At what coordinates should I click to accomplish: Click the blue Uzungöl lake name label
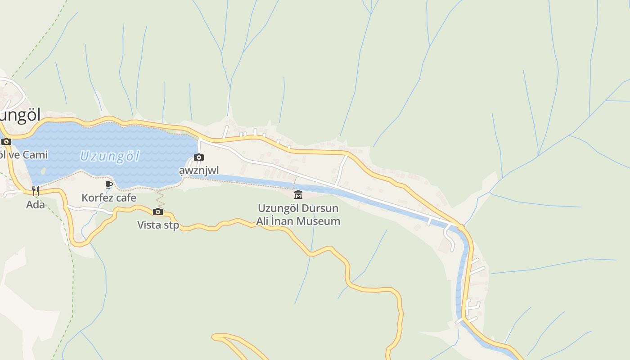pyautogui.click(x=110, y=157)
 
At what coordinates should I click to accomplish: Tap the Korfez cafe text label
pyautogui.click(x=109, y=198)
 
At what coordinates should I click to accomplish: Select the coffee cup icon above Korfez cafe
pyautogui.click(x=109, y=184)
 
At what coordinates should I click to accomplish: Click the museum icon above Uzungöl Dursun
pyautogui.click(x=298, y=195)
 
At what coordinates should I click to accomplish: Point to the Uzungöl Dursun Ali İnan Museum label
pyautogui.click(x=298, y=215)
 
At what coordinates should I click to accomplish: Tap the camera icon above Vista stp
pyautogui.click(x=158, y=211)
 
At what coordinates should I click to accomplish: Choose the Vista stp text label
pyautogui.click(x=158, y=225)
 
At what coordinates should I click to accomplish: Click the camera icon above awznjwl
pyautogui.click(x=198, y=157)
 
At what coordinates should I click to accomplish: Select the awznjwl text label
pyautogui.click(x=198, y=171)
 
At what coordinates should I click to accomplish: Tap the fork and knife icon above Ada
pyautogui.click(x=36, y=191)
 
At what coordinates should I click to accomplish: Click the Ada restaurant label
pyautogui.click(x=36, y=205)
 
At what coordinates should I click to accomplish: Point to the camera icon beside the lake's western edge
pyautogui.click(x=6, y=141)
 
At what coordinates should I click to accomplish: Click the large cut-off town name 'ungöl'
pyautogui.click(x=20, y=115)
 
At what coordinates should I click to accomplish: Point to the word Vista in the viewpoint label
pyautogui.click(x=149, y=225)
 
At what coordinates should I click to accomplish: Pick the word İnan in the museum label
pyautogui.click(x=283, y=221)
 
